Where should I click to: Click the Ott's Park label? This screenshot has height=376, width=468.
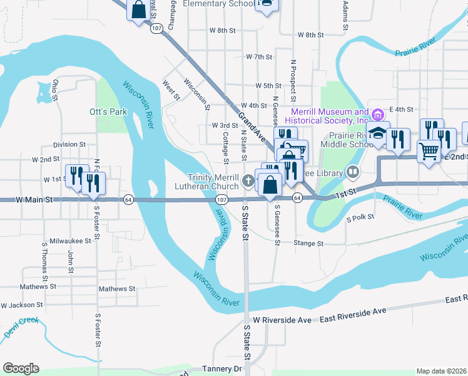[x=108, y=112]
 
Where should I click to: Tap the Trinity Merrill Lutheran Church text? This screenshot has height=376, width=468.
[x=213, y=182]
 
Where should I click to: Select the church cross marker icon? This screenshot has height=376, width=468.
[x=248, y=182]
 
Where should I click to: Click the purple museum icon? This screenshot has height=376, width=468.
[x=377, y=114]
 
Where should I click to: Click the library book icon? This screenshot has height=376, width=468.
[x=353, y=172]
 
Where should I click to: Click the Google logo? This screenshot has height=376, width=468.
[x=21, y=368]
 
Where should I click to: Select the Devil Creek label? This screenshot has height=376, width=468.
[x=21, y=328]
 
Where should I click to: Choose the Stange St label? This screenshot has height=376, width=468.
[x=309, y=243]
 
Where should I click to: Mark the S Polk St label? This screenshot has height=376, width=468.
[x=360, y=217]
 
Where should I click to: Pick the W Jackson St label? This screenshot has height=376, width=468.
[x=22, y=305]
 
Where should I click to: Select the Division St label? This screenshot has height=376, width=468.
[x=69, y=144]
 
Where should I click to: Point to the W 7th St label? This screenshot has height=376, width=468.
[x=259, y=56]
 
